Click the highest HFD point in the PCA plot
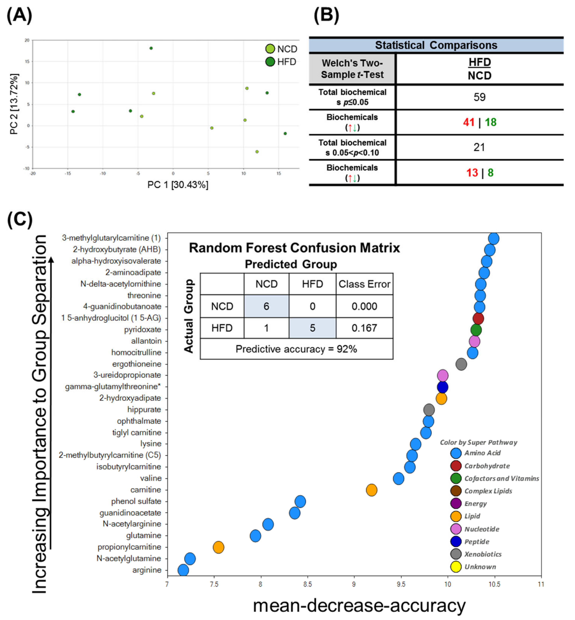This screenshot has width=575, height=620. pyautogui.click(x=151, y=48)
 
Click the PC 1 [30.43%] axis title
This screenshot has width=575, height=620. pyautogui.click(x=178, y=185)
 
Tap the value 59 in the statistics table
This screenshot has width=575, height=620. pyautogui.click(x=479, y=97)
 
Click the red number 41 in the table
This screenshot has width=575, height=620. pyautogui.click(x=469, y=122)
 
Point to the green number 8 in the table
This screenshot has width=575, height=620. pyautogui.click(x=490, y=173)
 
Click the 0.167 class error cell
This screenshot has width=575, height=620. pyautogui.click(x=364, y=328)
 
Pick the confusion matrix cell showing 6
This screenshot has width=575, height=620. pyautogui.click(x=266, y=306)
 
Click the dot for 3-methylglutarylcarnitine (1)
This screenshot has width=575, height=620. pyautogui.click(x=493, y=239)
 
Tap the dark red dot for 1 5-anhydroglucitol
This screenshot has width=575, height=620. pyautogui.click(x=478, y=318)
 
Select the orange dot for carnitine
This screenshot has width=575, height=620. pyautogui.click(x=371, y=490)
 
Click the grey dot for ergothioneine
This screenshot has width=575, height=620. pyautogui.click(x=461, y=364)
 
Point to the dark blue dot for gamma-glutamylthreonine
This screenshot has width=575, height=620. pyautogui.click(x=442, y=387)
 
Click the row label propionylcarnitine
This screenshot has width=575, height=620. pyautogui.click(x=129, y=547)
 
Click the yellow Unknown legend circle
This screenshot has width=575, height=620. pyautogui.click(x=456, y=567)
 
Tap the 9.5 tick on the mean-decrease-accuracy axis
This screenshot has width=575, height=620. pyautogui.click(x=401, y=585)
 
